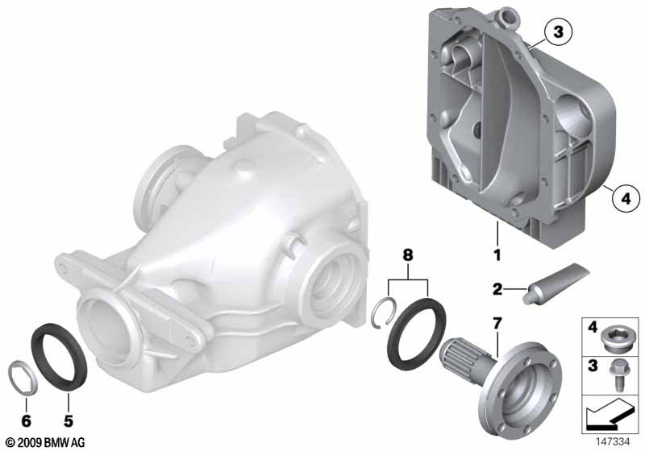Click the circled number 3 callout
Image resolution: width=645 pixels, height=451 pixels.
tap(558, 32)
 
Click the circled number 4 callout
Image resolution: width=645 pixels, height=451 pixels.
tap(626, 199)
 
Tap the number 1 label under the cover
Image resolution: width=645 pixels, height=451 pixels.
tap(497, 255)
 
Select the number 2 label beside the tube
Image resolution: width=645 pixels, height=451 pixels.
tap(497, 290)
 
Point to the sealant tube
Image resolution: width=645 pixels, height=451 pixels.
tap(556, 283)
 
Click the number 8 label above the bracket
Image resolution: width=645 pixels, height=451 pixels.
tap(407, 255)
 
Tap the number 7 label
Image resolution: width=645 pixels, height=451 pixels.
tap(497, 324)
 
